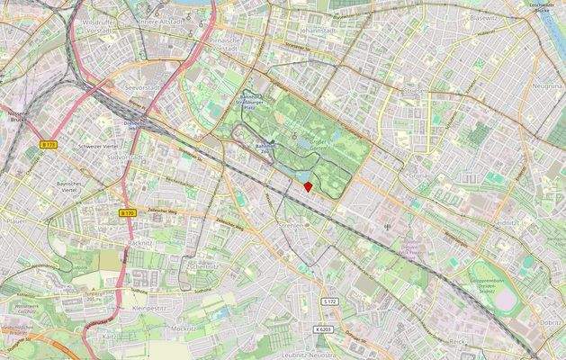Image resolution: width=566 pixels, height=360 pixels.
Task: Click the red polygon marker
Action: pos(308,186)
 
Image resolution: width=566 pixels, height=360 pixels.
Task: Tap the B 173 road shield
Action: pos(49,144)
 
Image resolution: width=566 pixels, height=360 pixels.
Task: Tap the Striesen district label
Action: pos(417,90)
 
